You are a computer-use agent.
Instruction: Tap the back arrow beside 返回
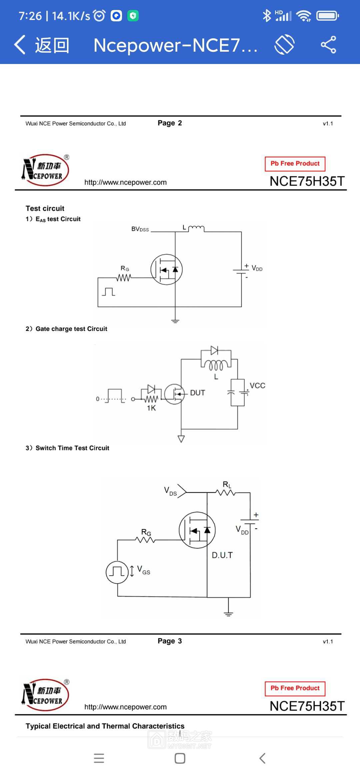[20, 45]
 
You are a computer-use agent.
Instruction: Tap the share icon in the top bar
[328, 45]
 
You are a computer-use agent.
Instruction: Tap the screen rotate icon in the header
[284, 45]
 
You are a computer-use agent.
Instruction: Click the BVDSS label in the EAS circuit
[140, 229]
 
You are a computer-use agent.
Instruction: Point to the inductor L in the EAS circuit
[196, 228]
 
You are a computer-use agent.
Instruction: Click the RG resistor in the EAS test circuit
[124, 277]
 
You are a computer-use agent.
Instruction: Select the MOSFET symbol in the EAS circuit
[166, 269]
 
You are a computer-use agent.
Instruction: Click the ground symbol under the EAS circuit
[175, 321]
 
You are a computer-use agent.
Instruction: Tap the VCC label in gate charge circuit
[257, 386]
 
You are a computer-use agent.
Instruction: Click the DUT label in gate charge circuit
[197, 393]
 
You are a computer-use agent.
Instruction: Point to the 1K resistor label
[151, 408]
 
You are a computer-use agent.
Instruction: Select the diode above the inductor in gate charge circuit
[214, 350]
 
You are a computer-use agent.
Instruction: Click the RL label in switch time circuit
[227, 485]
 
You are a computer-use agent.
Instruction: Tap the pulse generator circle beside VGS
[117, 572]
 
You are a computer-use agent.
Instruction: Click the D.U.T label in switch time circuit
[222, 555]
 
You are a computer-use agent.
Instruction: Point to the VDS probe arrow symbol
[182, 491]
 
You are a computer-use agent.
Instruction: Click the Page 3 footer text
[170, 641]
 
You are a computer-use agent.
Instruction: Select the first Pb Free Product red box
[295, 164]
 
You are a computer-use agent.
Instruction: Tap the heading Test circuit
[45, 208]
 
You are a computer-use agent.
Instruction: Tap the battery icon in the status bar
[328, 16]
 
